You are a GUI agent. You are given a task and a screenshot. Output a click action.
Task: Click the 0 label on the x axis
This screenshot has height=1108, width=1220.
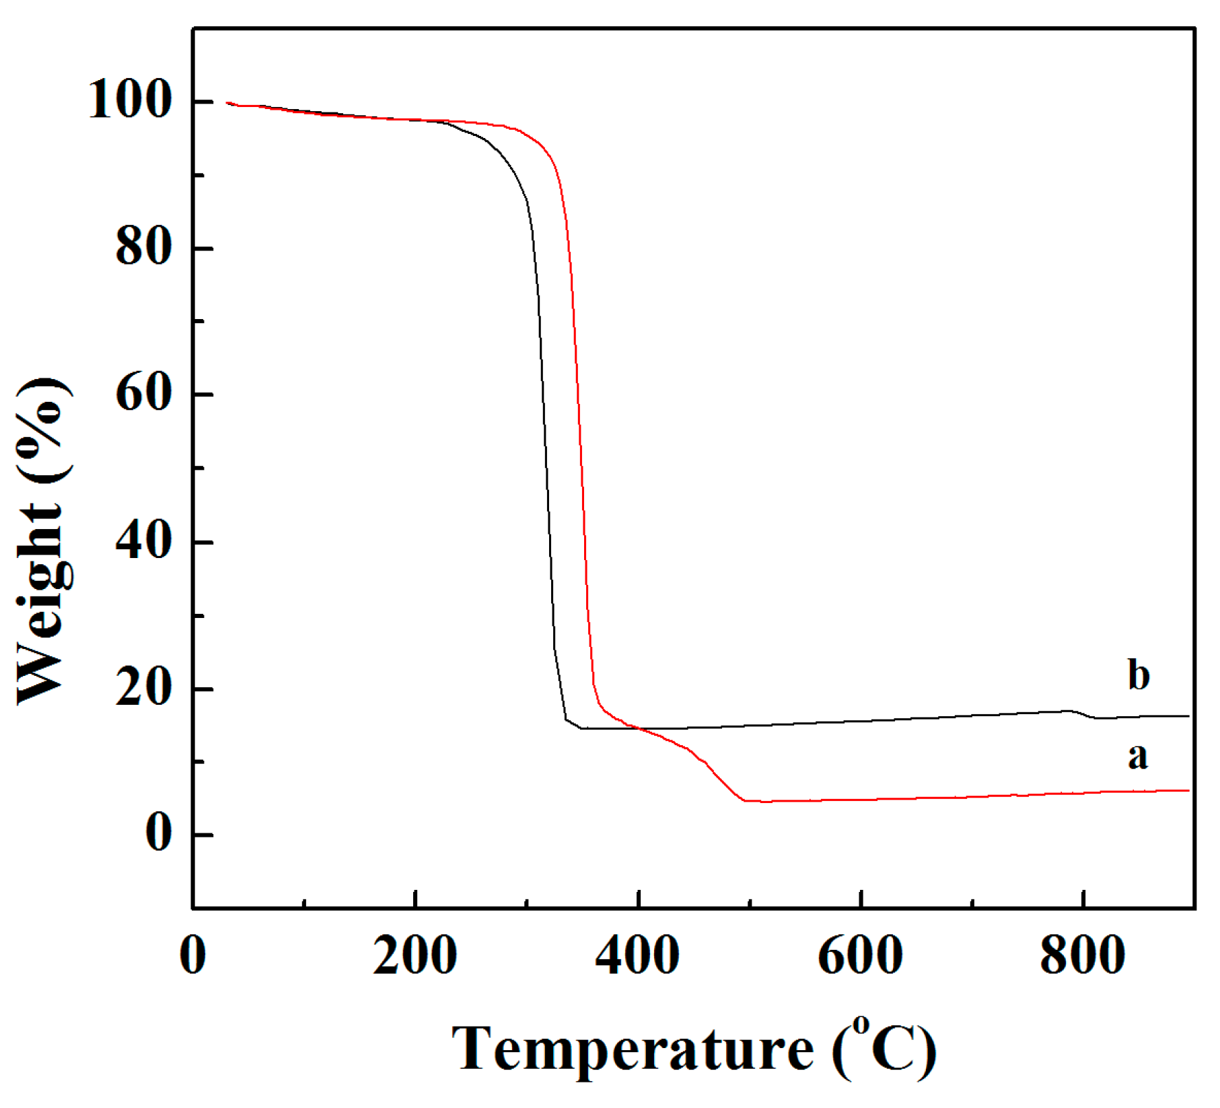[193, 956]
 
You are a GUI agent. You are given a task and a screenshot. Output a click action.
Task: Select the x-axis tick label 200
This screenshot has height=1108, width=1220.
[415, 956]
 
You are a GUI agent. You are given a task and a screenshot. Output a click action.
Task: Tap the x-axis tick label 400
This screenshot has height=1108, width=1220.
[638, 956]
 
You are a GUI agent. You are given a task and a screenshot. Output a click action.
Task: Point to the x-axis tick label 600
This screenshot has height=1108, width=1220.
[861, 956]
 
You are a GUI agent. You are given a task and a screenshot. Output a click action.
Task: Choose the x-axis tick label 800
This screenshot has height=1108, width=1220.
[1083, 956]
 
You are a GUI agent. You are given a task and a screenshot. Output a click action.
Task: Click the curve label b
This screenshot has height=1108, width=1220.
[1139, 674]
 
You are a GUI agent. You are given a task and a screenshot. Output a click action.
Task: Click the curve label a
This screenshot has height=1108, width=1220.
[1138, 757]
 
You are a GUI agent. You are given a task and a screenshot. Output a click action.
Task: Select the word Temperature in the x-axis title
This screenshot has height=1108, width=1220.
[632, 1049]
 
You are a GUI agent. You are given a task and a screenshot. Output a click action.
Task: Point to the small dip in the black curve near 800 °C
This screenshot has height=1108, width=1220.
[1085, 715]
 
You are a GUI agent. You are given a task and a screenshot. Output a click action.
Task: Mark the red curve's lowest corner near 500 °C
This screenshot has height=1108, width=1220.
[745, 800]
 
